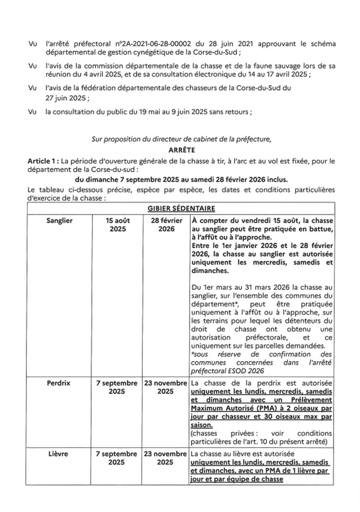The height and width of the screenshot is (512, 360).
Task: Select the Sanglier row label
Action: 61,220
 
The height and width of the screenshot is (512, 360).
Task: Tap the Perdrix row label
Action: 61,383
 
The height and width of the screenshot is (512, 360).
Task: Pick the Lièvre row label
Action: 61,454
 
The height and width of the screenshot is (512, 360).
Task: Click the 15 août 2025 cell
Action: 116,224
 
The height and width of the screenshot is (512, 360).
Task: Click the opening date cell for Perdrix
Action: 116,387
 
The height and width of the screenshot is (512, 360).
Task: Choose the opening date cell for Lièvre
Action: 116,458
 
